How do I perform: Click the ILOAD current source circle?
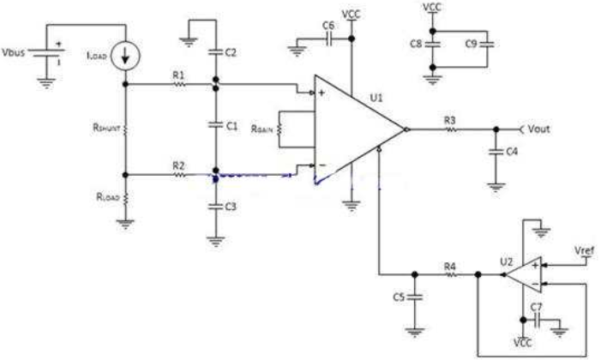point(125,56)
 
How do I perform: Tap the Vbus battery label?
point(14,52)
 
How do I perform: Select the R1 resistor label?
point(178,75)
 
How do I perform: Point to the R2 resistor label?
point(178,165)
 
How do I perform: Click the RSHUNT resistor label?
point(106,127)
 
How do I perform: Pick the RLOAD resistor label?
point(108,197)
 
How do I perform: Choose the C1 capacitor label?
point(231,126)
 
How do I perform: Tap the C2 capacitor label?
point(231,52)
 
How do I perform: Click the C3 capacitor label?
point(231,207)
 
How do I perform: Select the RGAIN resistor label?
point(262,129)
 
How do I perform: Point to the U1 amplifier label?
point(376,98)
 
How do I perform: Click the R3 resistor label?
point(450,120)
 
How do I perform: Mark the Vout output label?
point(539,129)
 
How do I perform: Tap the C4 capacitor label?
point(512,152)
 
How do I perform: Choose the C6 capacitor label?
point(328,26)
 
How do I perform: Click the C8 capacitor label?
point(416,44)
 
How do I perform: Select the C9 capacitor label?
point(471,44)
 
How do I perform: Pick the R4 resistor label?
point(450,266)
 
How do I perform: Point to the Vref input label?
point(584,251)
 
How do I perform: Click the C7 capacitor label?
point(536,307)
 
